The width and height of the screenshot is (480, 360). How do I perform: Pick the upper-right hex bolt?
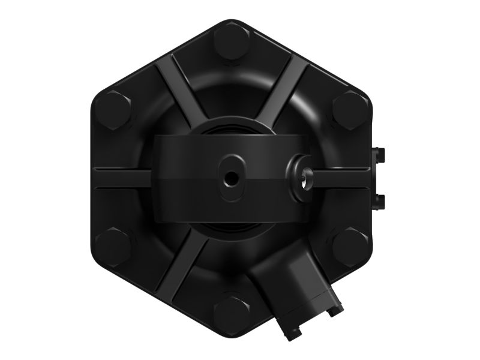click(350, 109)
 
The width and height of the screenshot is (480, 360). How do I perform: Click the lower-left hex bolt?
click(113, 246)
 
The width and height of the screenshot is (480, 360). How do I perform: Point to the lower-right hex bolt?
click(350, 246)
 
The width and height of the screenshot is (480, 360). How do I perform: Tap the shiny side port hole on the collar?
click(304, 179)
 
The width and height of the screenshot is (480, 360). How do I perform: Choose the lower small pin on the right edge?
click(379, 200)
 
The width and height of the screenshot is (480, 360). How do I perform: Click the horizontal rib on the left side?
click(123, 178)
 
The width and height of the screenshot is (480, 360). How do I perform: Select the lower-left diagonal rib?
click(180, 264)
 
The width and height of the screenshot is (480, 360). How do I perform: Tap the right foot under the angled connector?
click(335, 310)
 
